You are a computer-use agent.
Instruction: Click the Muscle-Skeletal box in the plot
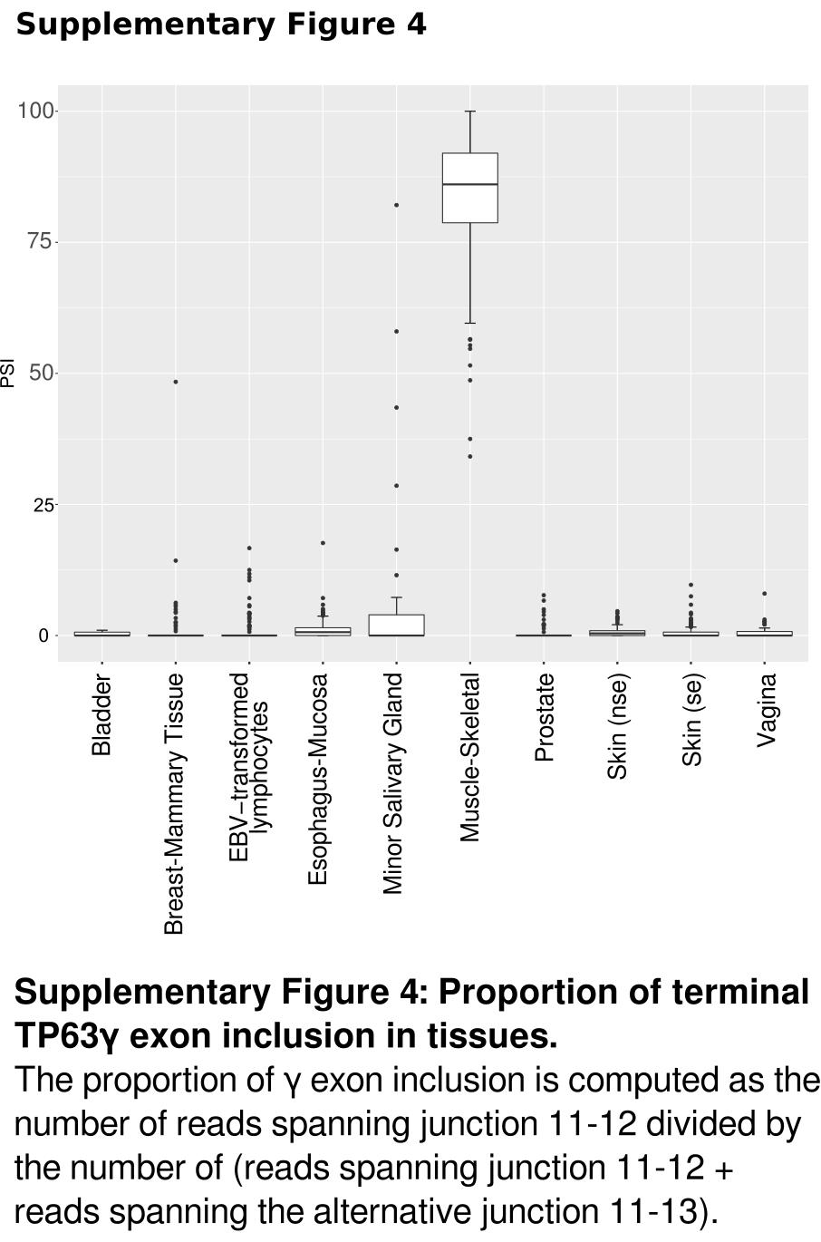click(469, 188)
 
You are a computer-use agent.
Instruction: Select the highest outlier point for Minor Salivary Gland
click(396, 205)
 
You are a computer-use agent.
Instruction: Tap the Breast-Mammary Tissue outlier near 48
click(176, 382)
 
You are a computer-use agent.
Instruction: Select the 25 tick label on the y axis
click(43, 505)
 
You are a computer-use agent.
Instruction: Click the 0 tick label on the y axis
click(43, 636)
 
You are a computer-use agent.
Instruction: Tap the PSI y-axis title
click(8, 374)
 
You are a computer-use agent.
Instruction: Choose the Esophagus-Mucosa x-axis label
click(317, 780)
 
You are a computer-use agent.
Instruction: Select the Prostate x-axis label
click(544, 718)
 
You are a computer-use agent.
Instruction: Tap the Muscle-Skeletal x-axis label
click(469, 758)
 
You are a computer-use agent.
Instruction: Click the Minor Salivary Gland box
click(396, 625)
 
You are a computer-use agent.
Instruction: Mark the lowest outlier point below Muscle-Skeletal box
click(469, 456)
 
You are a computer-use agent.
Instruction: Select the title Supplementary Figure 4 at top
click(221, 24)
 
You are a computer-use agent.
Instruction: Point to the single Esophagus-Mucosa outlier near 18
click(323, 543)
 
